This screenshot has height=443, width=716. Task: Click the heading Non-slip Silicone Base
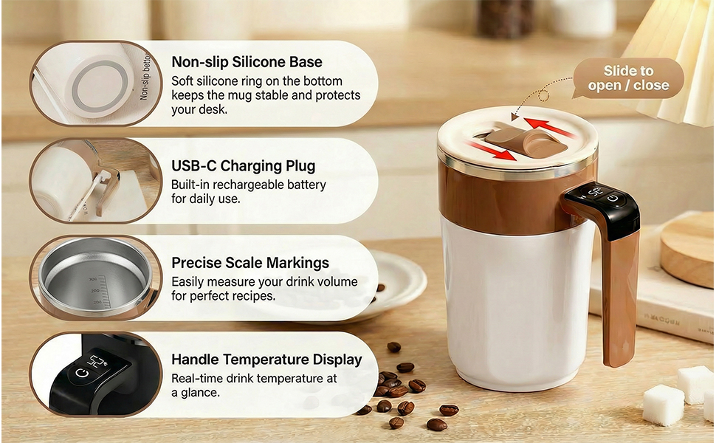pyautogui.click(x=247, y=62)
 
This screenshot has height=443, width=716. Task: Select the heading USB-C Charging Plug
pyautogui.click(x=243, y=165)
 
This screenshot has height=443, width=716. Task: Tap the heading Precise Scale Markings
pyautogui.click(x=250, y=263)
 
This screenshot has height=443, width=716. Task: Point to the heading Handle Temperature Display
pyautogui.click(x=266, y=360)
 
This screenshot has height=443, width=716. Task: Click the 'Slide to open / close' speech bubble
pyautogui.click(x=628, y=78)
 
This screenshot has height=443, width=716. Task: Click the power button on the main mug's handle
pyautogui.click(x=613, y=198)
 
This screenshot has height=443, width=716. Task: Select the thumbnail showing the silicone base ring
pyautogui.click(x=94, y=83)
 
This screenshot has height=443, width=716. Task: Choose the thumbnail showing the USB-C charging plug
pyautogui.click(x=94, y=181)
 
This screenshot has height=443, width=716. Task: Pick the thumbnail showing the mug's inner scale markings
pyautogui.click(x=94, y=278)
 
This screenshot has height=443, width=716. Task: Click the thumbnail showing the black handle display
pyautogui.click(x=94, y=374)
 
